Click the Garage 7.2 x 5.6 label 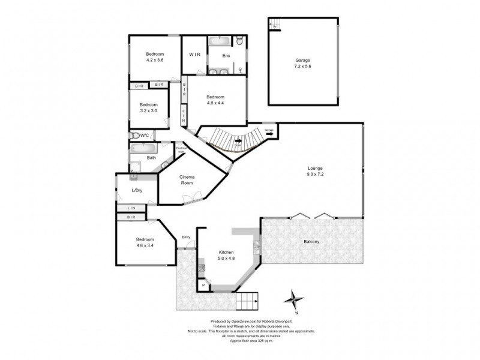[x=302, y=64]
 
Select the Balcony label [x=311, y=242]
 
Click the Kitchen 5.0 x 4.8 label [x=226, y=256]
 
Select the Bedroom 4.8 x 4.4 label [x=215, y=100]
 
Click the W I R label [x=194, y=55]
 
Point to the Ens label [x=226, y=56]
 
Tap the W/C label [x=145, y=136]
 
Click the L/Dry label [x=136, y=191]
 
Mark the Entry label [x=186, y=237]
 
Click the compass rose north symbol [x=293, y=298]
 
